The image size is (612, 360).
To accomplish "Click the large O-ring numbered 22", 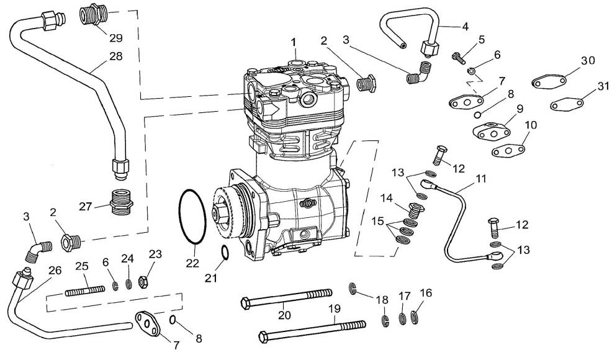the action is [x=179, y=217].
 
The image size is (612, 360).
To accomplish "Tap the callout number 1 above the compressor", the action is [x=294, y=42].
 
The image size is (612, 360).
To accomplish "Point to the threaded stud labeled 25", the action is [x=85, y=291].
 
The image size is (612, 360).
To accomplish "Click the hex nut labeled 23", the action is [x=143, y=282].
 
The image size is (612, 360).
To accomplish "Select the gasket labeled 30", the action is [x=549, y=83].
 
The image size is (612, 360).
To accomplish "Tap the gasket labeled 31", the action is [x=567, y=104].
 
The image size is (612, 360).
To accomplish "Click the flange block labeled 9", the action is [x=491, y=130].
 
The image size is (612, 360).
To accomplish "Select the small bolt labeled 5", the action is [x=458, y=58].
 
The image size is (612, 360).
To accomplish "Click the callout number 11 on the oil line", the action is [x=481, y=179].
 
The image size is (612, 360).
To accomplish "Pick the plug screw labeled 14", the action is [x=416, y=210].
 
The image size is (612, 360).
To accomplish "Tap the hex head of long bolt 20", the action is [x=246, y=303].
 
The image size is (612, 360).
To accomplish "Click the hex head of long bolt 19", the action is [x=263, y=336].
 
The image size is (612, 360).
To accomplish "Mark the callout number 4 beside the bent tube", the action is [x=465, y=27].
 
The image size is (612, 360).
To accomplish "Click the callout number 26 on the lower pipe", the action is [x=55, y=270].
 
